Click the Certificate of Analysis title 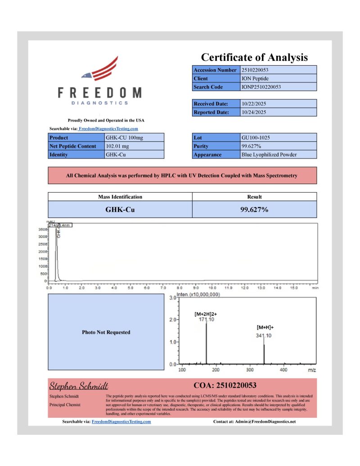tap(254, 57)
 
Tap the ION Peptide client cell tap(255, 78)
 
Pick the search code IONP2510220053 tap(261, 87)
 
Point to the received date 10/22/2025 tap(254, 104)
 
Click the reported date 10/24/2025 tap(254, 112)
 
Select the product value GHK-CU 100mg tap(124, 137)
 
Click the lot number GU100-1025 tap(256, 137)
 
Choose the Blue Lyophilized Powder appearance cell tap(269, 154)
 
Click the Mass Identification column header tap(120, 197)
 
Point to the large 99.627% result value tap(254, 209)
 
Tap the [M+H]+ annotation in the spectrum tap(265, 328)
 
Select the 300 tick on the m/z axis tap(250, 370)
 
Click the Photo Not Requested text tap(106, 332)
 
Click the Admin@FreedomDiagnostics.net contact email tap(266, 422)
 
